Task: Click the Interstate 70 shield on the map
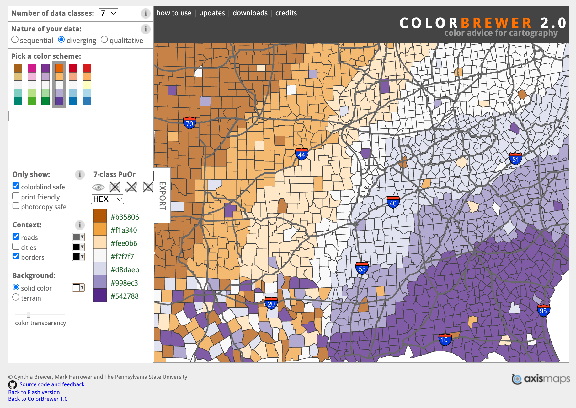pyautogui.click(x=189, y=123)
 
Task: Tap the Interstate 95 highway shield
pyautogui.click(x=543, y=310)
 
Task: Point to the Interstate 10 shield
pyautogui.click(x=445, y=340)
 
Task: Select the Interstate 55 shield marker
pyautogui.click(x=362, y=269)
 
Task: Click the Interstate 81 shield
pyautogui.click(x=515, y=159)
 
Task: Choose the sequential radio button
pyautogui.click(x=15, y=40)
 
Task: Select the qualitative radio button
pyautogui.click(x=104, y=40)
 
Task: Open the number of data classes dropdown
pyautogui.click(x=108, y=13)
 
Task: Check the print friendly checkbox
pyautogui.click(x=16, y=196)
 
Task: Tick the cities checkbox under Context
pyautogui.click(x=16, y=247)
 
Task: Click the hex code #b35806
pyautogui.click(x=125, y=217)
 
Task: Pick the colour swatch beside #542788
pyautogui.click(x=100, y=296)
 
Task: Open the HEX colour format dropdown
pyautogui.click(x=107, y=199)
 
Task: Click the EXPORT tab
pyautogui.click(x=162, y=195)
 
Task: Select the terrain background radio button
pyautogui.click(x=16, y=297)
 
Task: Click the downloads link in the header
pyautogui.click(x=250, y=13)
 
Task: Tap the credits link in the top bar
pyautogui.click(x=286, y=13)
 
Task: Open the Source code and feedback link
pyautogui.click(x=52, y=384)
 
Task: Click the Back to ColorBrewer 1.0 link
pyautogui.click(x=38, y=399)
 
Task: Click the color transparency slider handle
pyautogui.click(x=29, y=314)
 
